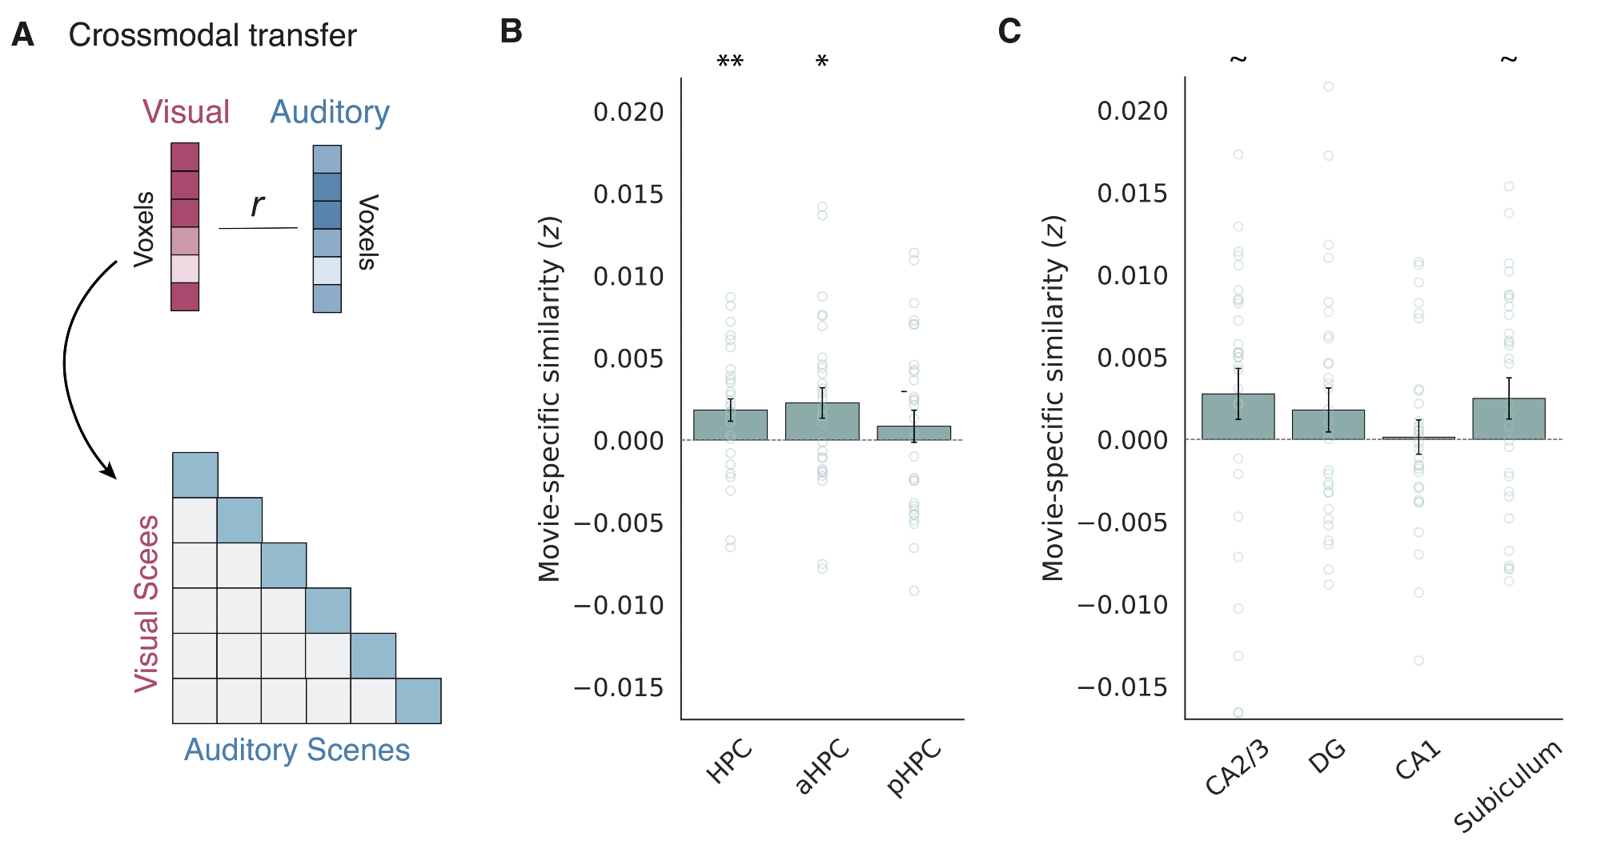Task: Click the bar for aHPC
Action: [822, 422]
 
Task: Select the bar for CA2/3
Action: [1238, 417]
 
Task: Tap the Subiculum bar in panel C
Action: [1508, 419]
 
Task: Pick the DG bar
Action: [1328, 425]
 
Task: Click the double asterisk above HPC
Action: [730, 62]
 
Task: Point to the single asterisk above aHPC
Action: [822, 62]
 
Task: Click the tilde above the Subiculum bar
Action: [1508, 59]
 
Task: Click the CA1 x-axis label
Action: [1418, 761]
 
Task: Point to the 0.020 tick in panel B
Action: [628, 113]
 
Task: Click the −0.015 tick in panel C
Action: [1122, 687]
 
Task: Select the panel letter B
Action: [512, 32]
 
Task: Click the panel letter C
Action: [1009, 32]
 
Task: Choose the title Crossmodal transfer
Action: [212, 36]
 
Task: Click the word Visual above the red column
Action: [186, 112]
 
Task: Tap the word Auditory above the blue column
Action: [330, 113]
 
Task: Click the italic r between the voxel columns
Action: [257, 205]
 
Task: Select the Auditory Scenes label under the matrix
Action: [297, 751]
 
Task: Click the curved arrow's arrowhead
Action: [110, 472]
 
